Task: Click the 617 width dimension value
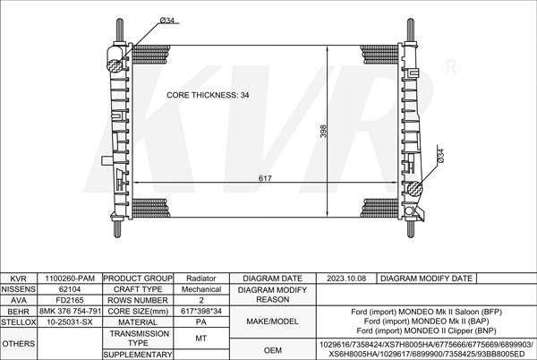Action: (x=265, y=178)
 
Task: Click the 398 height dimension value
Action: (x=323, y=131)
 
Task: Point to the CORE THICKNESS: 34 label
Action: (x=208, y=95)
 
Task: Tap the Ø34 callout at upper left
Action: (x=167, y=21)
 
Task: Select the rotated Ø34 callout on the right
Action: (x=440, y=156)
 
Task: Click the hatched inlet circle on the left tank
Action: (x=115, y=65)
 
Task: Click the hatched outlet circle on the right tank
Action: (x=415, y=188)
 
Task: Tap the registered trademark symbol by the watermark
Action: (x=451, y=67)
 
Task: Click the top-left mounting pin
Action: (x=120, y=30)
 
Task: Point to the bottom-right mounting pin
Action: (x=411, y=227)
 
